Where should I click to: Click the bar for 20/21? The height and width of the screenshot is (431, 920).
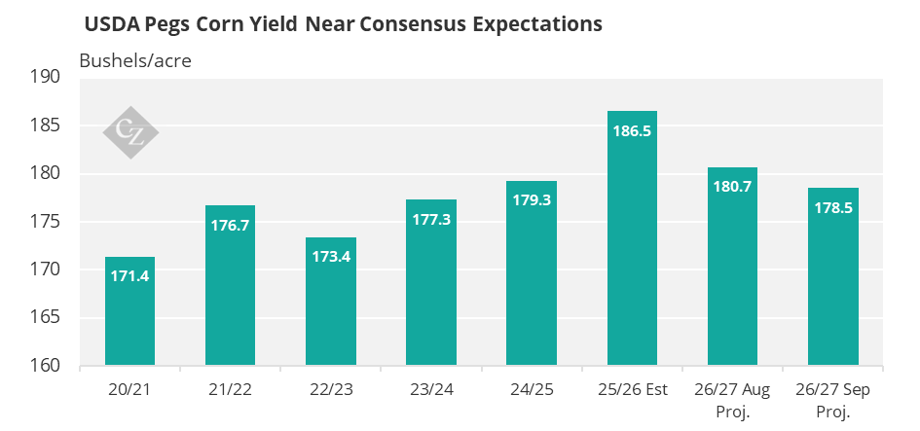pyautogui.click(x=129, y=310)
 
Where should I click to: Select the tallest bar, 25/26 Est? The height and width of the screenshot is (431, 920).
pyautogui.click(x=632, y=238)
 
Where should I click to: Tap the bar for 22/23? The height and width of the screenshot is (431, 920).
pyautogui.click(x=331, y=302)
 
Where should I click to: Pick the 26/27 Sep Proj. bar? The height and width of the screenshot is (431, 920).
pyautogui.click(x=833, y=276)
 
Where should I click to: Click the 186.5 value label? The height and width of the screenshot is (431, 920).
pyautogui.click(x=632, y=130)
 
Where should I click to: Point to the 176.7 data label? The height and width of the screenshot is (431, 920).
pyautogui.click(x=230, y=225)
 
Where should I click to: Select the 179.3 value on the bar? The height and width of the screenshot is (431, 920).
pyautogui.click(x=532, y=200)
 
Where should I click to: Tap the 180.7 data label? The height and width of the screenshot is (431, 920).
pyautogui.click(x=732, y=187)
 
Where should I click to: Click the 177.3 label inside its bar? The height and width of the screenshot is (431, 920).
pyautogui.click(x=431, y=220)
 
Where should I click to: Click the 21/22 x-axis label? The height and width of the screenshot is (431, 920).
pyautogui.click(x=230, y=390)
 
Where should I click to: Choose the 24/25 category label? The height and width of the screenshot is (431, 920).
pyautogui.click(x=532, y=390)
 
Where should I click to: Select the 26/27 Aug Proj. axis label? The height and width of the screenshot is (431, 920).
pyautogui.click(x=732, y=401)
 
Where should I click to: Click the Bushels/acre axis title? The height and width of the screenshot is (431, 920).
pyautogui.click(x=135, y=61)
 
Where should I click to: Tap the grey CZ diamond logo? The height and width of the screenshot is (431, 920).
pyautogui.click(x=130, y=132)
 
